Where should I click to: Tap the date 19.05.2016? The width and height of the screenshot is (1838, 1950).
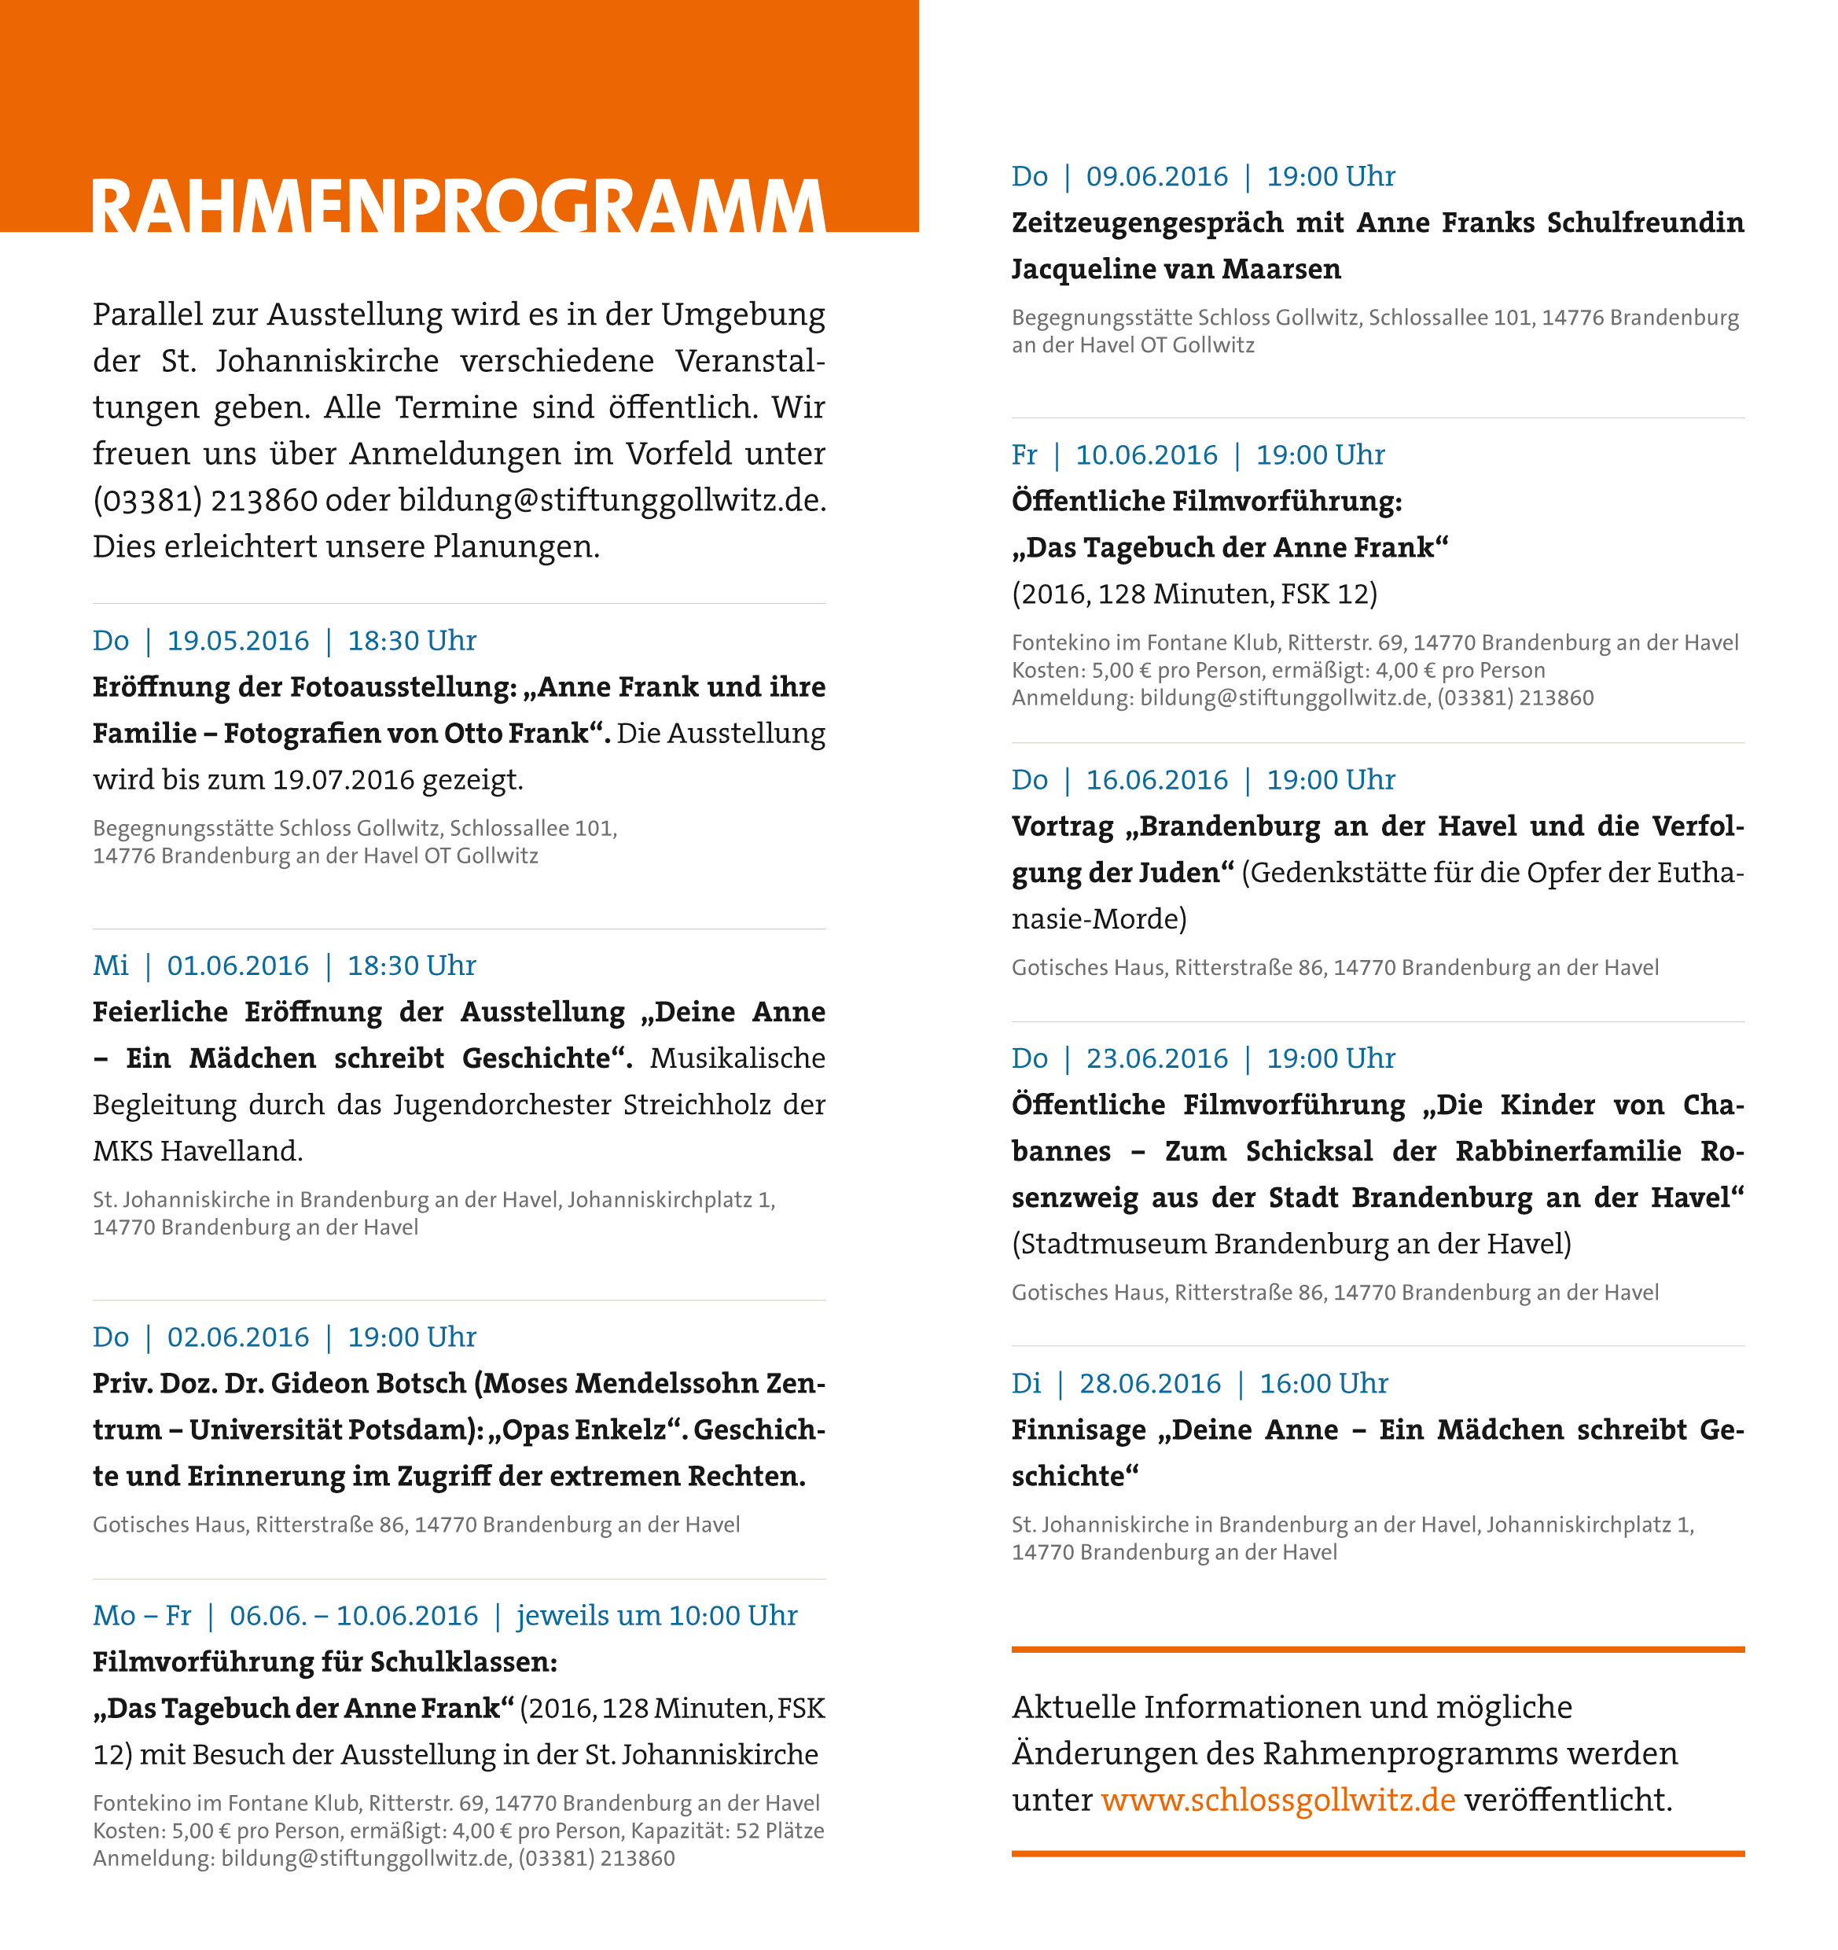237,641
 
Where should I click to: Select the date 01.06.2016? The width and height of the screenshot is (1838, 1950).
237,966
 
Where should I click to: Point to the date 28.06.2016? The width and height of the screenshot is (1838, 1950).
1149,1383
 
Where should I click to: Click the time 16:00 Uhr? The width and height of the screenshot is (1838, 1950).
1323,1383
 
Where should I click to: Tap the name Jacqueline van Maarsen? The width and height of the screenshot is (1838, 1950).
1176,269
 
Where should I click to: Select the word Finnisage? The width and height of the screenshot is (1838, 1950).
1078,1429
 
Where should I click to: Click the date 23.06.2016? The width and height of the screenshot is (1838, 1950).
1156,1058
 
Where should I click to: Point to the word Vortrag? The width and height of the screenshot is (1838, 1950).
1062,827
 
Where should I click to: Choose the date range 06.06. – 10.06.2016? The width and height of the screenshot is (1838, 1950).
353,1616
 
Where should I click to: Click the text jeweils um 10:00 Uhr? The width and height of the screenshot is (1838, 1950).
656,1616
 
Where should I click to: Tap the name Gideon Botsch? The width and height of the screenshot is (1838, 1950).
368,1383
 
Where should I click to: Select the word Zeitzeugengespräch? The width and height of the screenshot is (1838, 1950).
1148,223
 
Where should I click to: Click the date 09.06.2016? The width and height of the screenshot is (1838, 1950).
1156,177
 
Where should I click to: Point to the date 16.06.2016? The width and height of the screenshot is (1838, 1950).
1156,780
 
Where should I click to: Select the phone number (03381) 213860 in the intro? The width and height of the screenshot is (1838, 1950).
205,500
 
